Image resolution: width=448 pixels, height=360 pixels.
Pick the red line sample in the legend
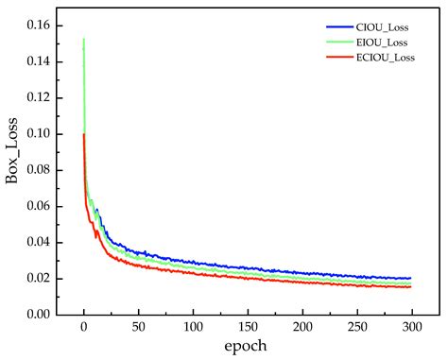tap(337, 58)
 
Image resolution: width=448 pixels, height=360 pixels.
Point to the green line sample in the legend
tap(337, 42)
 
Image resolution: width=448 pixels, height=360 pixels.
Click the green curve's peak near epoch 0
tap(84, 40)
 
